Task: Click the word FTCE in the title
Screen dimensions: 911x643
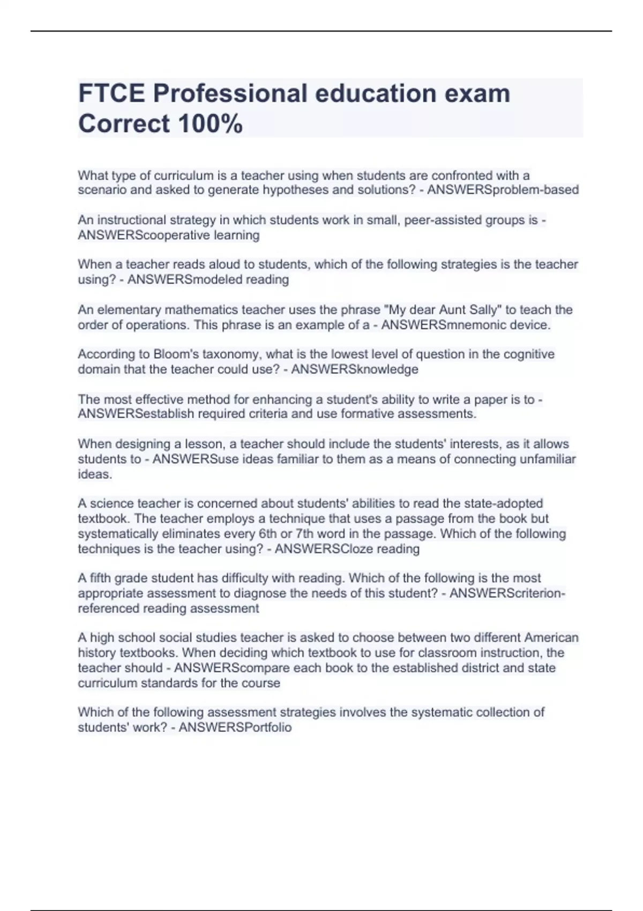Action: click(x=111, y=93)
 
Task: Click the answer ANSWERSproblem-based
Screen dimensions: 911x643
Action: click(x=503, y=190)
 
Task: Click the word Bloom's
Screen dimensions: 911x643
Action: click(x=174, y=354)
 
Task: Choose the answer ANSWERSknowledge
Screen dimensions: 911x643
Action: click(x=354, y=369)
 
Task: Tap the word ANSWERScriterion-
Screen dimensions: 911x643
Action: click(x=507, y=593)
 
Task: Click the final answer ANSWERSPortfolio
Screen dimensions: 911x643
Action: click(x=235, y=727)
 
